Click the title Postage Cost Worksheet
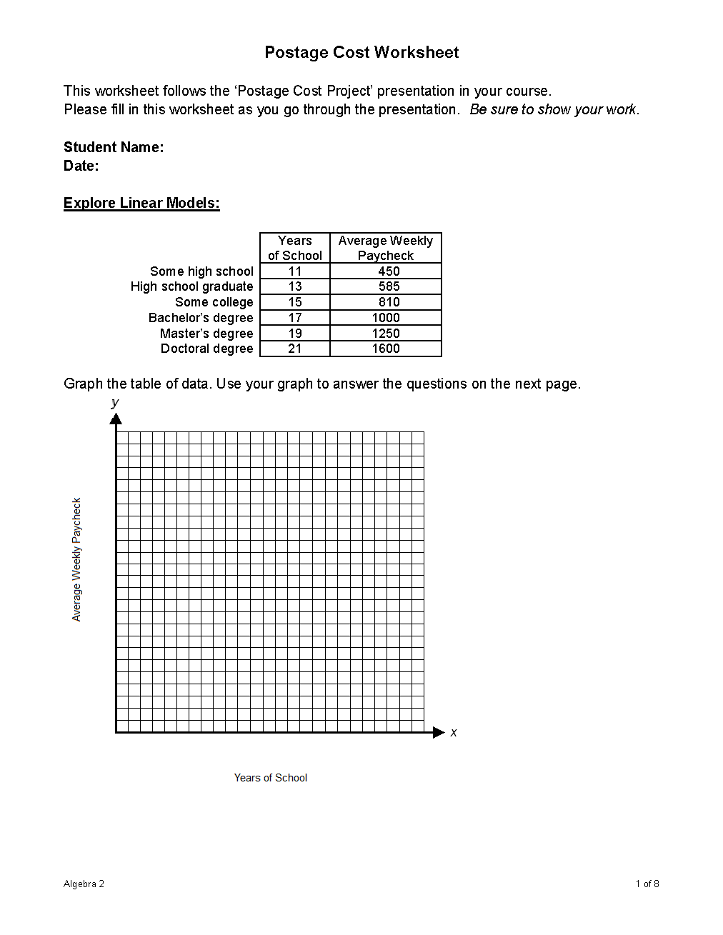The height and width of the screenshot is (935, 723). point(361,52)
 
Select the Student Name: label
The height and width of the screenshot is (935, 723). point(114,147)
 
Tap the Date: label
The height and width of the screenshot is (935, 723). point(81,166)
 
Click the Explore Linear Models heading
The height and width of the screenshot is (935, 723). point(141,203)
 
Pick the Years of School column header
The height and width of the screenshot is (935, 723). point(294,248)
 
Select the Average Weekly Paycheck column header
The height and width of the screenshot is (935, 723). point(386,248)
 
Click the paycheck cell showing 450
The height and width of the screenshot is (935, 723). point(389,271)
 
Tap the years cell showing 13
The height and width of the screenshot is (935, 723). point(294,286)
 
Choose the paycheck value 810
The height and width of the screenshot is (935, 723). point(389,302)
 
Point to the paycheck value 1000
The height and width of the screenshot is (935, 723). point(386,318)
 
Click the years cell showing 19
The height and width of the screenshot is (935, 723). point(294,334)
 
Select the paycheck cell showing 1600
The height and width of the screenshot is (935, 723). point(386,349)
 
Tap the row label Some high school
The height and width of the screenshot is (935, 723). point(201,271)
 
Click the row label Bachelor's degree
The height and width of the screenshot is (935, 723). point(201,318)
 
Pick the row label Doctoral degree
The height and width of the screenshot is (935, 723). point(206,349)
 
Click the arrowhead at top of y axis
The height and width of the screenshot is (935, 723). point(116,419)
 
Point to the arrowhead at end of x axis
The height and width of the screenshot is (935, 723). point(439,732)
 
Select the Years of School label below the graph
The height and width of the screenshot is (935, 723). point(270,778)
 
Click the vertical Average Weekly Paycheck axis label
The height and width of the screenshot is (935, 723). point(77,559)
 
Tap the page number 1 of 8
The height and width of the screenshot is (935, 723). point(647,884)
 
